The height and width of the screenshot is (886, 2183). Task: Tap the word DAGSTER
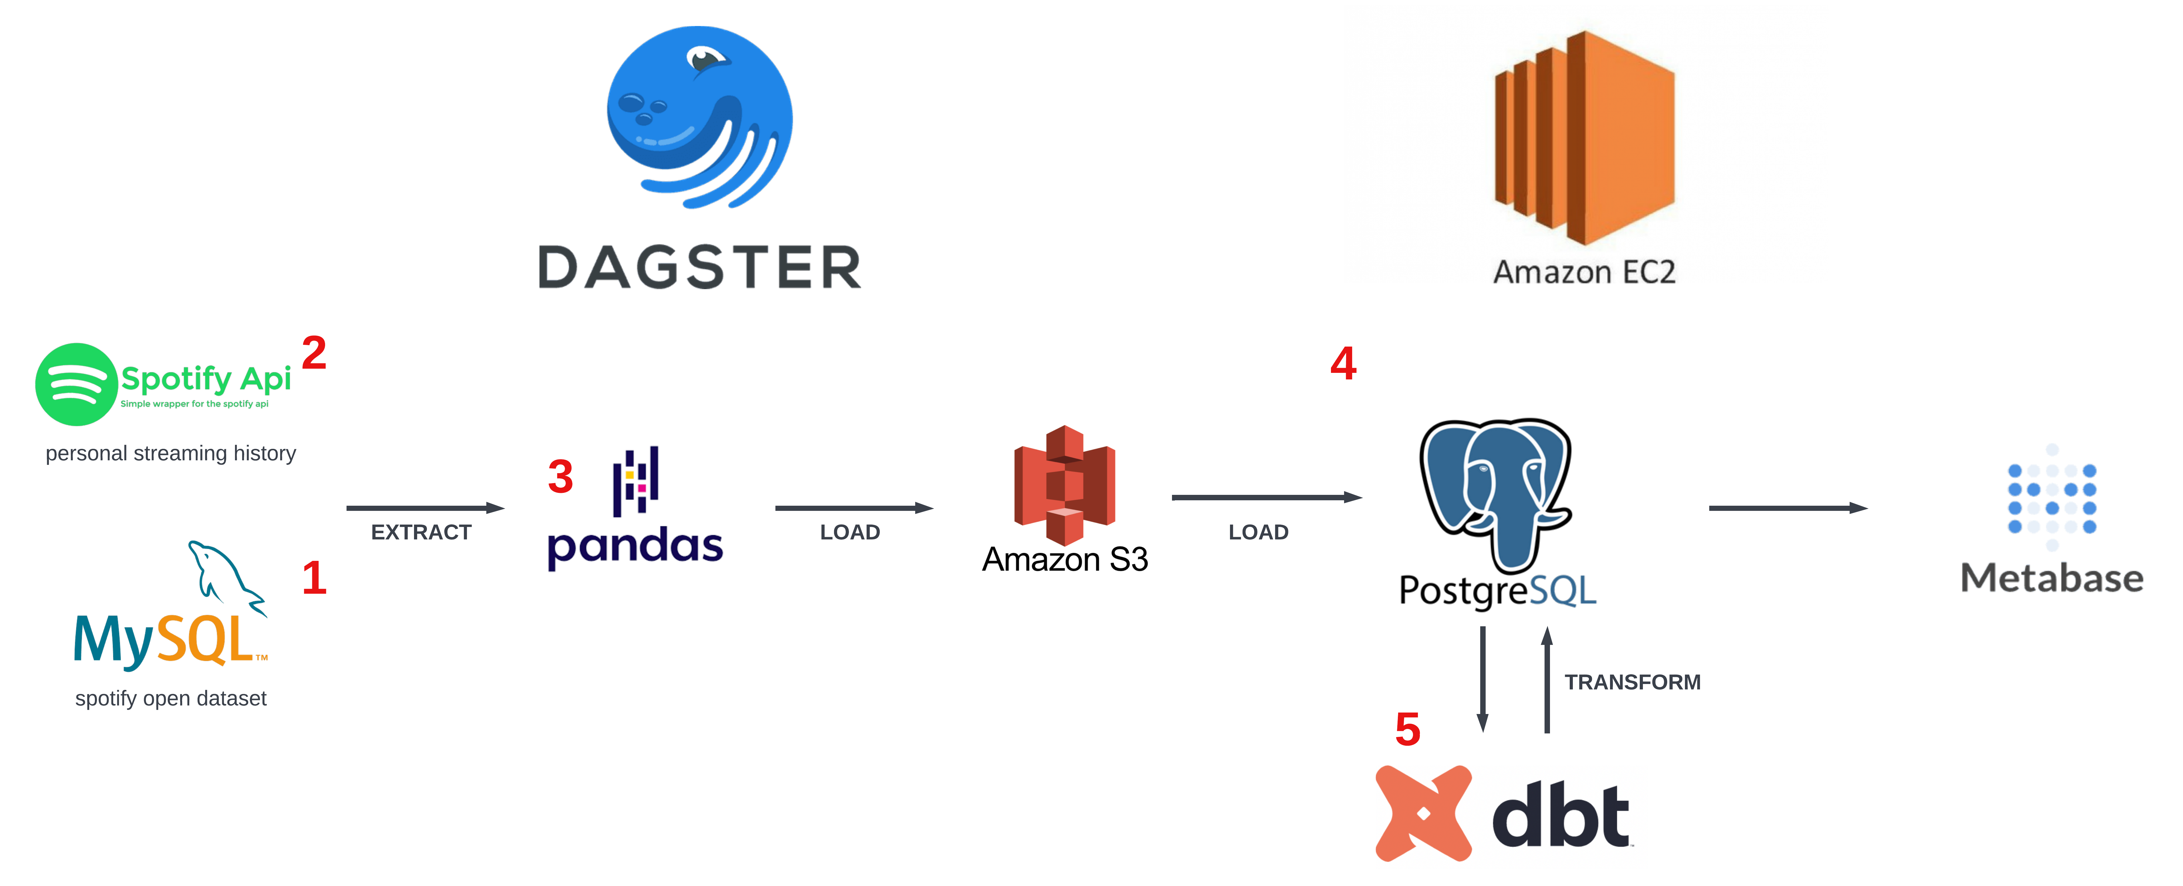[x=700, y=268]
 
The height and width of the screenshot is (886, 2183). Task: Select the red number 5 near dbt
[x=1408, y=729]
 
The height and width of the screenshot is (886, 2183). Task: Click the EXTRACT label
[x=421, y=532]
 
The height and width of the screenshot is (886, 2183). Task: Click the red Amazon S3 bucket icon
[x=1064, y=485]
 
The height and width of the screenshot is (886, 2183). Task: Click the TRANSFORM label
[x=1632, y=682]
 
